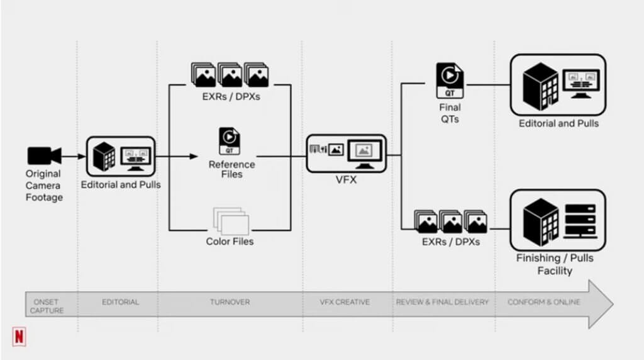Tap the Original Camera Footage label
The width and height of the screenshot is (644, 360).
tap(43, 185)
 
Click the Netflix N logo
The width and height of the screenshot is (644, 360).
tap(20, 337)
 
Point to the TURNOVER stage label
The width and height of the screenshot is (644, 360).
tap(230, 302)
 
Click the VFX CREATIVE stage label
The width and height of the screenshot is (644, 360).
tap(345, 302)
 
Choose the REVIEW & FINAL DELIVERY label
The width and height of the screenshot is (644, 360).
tap(442, 302)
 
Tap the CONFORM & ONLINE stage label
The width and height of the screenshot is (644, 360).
tap(544, 302)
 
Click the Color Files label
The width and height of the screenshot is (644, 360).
tap(230, 241)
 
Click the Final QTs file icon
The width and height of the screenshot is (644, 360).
tap(450, 80)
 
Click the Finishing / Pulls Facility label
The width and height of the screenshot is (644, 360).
tap(555, 264)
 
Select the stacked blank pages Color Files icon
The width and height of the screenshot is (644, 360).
tap(231, 220)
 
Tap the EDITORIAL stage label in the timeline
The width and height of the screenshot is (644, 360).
tap(120, 302)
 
